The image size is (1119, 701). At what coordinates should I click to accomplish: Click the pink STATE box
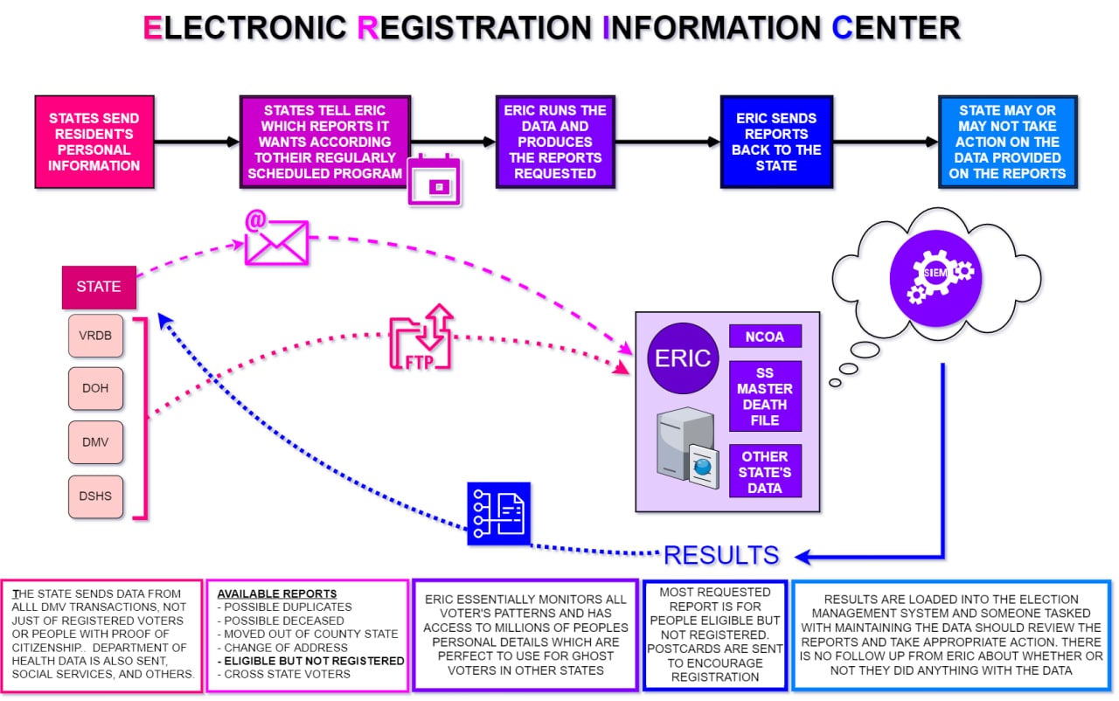[99, 287]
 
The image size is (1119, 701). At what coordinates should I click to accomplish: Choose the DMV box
[95, 442]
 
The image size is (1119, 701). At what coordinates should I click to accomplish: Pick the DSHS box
[95, 496]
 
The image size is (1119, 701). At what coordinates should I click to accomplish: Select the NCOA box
[765, 337]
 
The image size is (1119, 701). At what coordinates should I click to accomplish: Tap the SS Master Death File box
[765, 396]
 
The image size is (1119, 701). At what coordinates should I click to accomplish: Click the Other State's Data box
[765, 472]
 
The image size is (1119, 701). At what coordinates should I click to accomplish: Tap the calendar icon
[434, 180]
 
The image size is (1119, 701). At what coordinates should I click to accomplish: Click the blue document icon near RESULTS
[499, 513]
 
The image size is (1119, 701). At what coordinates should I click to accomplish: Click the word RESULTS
[721, 555]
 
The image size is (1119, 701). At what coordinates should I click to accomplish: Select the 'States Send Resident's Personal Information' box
[94, 142]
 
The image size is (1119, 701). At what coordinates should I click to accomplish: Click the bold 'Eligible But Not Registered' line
[310, 661]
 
